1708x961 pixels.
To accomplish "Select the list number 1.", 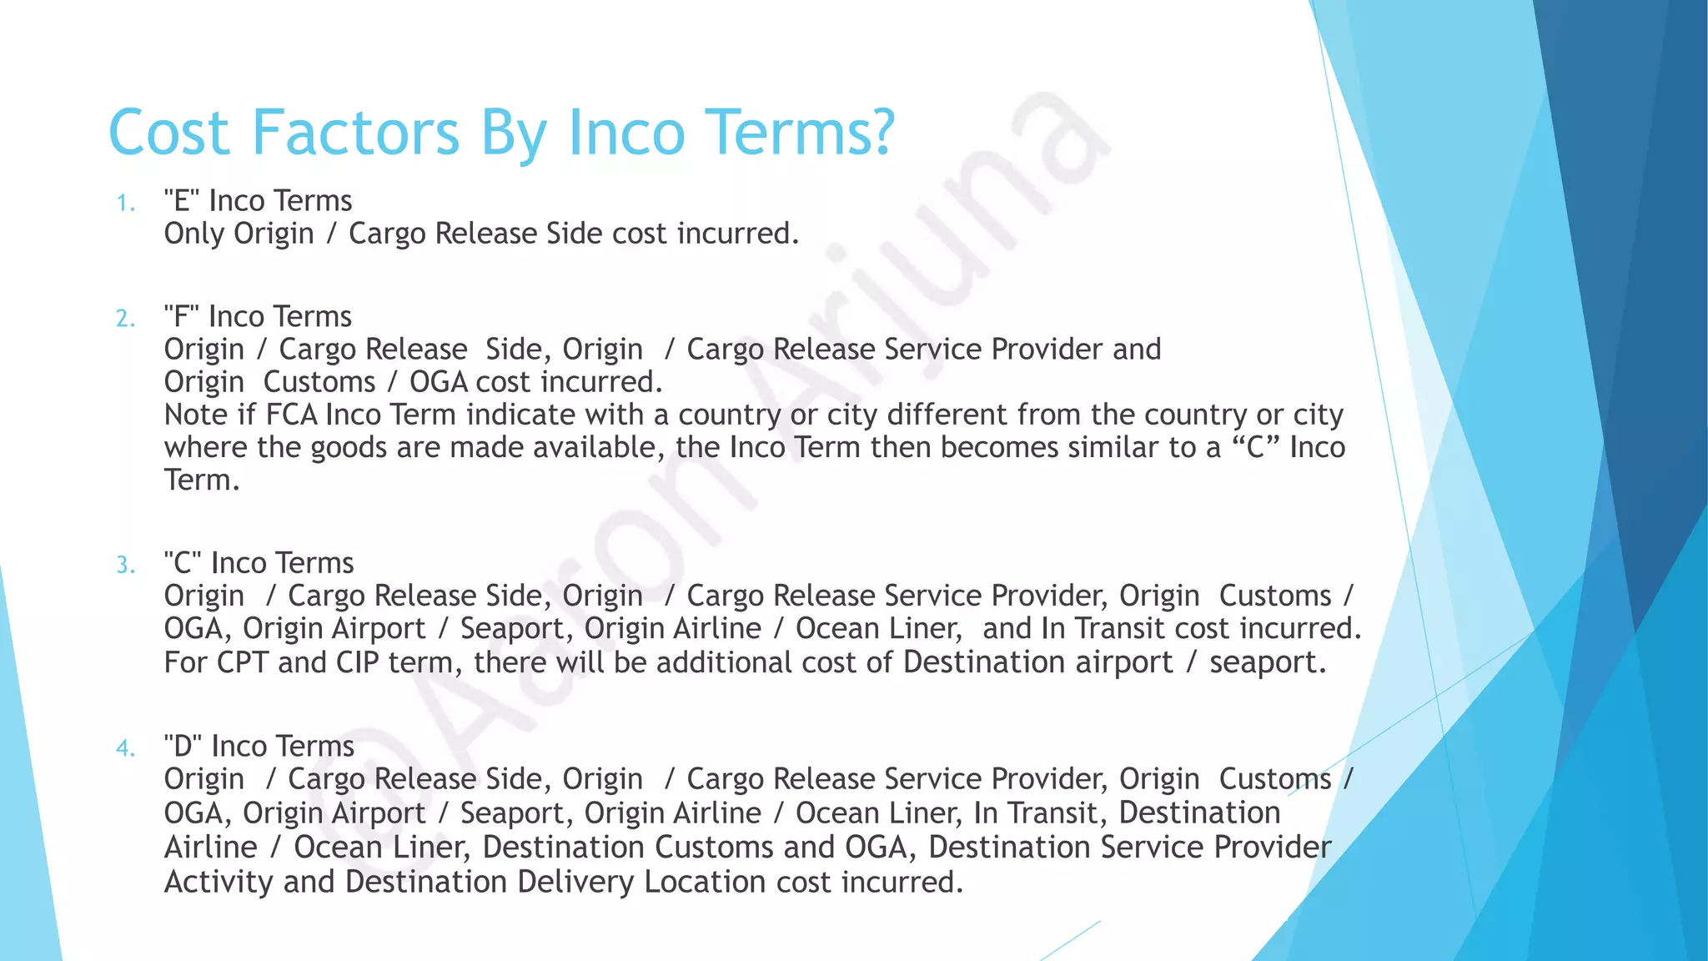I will pos(125,204).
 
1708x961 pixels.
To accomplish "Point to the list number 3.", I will pos(125,566).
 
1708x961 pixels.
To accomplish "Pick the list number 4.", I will pos(125,748).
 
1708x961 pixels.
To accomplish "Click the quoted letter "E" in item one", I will pos(182,201).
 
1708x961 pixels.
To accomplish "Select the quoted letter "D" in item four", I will pos(183,746).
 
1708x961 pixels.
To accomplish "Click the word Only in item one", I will pos(193,234).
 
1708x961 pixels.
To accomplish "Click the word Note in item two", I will pos(194,415).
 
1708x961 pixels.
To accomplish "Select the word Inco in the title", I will pos(625,133).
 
